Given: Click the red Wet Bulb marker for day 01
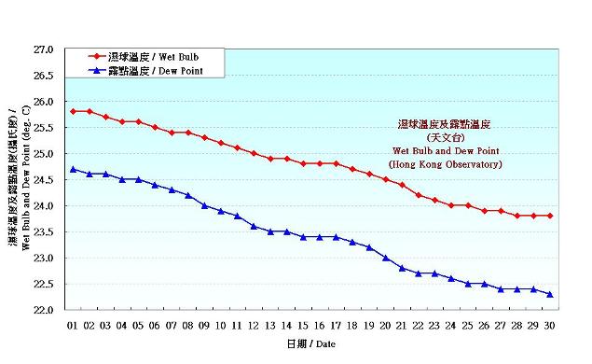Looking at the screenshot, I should click(x=73, y=111).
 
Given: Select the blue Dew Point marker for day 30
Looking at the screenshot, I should click(x=550, y=294).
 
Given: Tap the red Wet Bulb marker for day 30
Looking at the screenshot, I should click(x=550, y=216).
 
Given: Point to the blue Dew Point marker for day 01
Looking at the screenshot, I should click(x=73, y=169).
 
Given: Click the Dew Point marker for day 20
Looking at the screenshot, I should click(x=386, y=258).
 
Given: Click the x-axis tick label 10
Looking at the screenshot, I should click(x=221, y=326).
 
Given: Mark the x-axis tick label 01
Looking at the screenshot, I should click(x=73, y=326).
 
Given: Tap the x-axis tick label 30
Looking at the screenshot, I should click(x=550, y=326).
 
